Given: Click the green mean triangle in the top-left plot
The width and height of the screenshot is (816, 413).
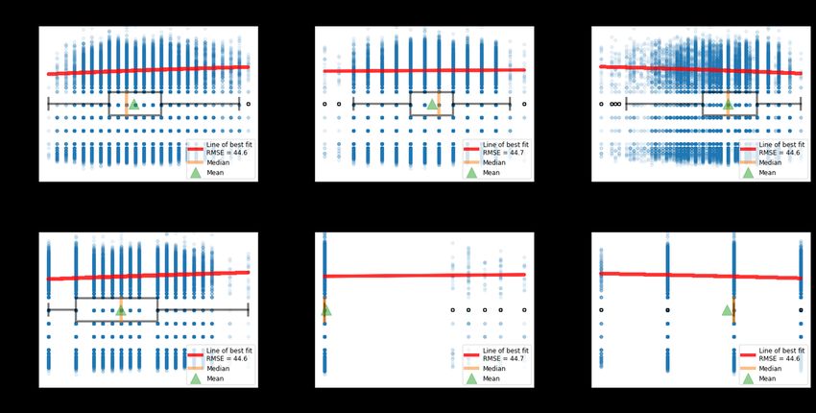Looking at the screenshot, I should (133, 104).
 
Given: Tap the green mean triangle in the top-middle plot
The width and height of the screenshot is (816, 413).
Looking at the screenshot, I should (432, 104).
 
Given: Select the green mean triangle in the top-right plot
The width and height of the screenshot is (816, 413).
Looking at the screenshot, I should (728, 104).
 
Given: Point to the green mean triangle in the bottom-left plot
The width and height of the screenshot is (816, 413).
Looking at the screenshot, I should (120, 309).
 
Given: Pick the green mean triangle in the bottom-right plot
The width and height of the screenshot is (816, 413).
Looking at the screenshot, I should (728, 309).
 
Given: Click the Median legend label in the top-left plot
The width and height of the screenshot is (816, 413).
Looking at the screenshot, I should (219, 163).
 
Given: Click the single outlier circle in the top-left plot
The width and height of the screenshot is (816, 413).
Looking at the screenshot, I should (248, 104).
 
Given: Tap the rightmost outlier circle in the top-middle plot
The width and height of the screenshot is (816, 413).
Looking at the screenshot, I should (524, 104).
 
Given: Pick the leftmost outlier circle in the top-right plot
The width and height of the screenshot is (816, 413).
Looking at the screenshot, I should (601, 104).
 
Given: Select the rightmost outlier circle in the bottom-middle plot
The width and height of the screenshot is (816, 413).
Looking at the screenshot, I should (524, 310).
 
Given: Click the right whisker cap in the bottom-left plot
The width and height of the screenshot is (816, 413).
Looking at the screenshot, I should (248, 310).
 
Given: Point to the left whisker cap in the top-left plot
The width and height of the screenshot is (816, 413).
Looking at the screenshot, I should (48, 104).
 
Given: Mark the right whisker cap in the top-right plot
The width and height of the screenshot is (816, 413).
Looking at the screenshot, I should (801, 104).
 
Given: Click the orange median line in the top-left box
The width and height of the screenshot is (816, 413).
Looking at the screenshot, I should (126, 104).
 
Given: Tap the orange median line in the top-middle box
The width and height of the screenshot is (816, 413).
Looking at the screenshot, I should (439, 104).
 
